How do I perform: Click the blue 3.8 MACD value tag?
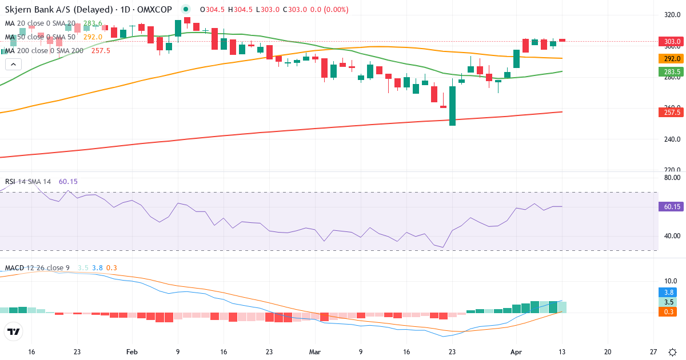click(x=669, y=291)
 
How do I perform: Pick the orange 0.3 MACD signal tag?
click(x=669, y=311)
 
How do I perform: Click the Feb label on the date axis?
click(x=132, y=352)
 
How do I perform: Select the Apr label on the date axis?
click(x=516, y=352)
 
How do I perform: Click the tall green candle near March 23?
click(x=452, y=106)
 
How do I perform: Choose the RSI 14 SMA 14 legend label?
click(x=28, y=182)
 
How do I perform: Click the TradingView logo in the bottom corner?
click(x=14, y=331)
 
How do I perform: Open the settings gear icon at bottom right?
click(x=673, y=352)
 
